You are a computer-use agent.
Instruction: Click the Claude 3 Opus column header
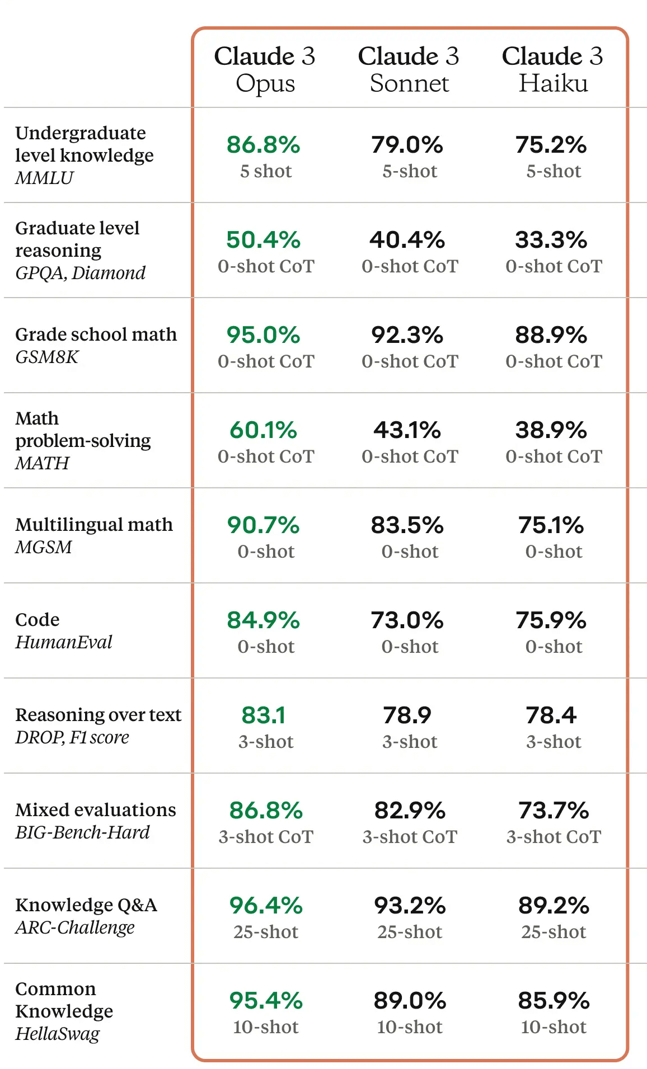point(265,69)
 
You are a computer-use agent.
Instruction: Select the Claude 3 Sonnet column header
point(409,69)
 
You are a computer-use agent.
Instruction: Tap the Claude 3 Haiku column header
point(552,69)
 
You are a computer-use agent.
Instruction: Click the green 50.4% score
point(263,240)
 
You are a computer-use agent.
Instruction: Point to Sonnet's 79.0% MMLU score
point(407,145)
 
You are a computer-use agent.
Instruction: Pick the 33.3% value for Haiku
point(551,240)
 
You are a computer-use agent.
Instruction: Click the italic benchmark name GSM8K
point(47,357)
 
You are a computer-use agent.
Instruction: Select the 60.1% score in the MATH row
point(263,430)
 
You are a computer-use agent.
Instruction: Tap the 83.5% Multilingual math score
point(407,525)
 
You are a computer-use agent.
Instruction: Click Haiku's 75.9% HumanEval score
point(551,620)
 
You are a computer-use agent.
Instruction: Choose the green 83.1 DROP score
point(264,715)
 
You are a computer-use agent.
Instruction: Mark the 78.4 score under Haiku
point(551,715)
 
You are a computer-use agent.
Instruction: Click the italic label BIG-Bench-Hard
point(83,832)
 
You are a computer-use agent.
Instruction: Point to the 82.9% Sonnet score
point(410,811)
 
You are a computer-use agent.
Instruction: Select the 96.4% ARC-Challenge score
point(266,906)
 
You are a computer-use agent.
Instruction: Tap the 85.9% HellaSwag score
point(554,1001)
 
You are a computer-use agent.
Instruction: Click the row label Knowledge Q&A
point(86,905)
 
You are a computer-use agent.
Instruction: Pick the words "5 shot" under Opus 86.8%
point(266,171)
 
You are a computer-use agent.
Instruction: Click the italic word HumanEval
point(64,642)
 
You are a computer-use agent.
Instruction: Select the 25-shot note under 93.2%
point(410,932)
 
